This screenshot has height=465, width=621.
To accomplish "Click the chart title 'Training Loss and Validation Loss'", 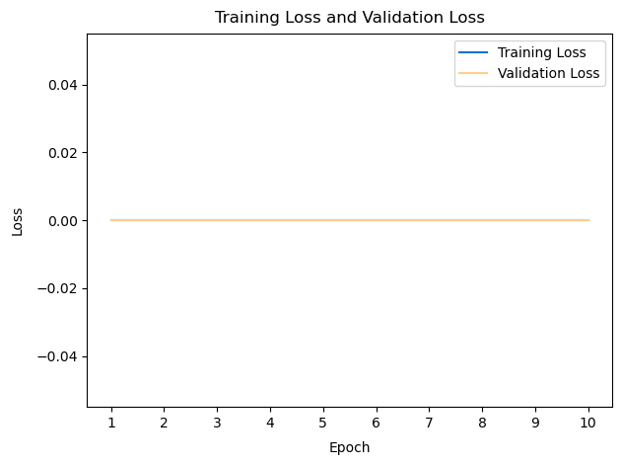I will pos(350,17).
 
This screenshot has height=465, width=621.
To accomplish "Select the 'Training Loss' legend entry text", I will pos(542,52).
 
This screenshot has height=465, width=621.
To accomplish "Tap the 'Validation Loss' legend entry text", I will pos(549,74).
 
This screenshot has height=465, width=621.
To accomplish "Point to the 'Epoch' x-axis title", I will pos(350,447).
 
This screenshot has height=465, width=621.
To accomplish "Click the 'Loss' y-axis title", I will pos(17,220).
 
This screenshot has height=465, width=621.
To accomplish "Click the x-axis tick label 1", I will pos(111,423).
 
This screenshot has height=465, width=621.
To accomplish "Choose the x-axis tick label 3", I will pos(217,423).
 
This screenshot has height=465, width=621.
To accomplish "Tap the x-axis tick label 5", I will pos(323,423).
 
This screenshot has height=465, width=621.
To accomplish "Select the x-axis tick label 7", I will pos(429,423).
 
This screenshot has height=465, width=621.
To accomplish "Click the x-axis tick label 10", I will pos(588,423).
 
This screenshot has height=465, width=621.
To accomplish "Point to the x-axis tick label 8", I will pos(482,423).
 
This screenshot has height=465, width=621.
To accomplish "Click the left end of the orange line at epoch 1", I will pos(111,220).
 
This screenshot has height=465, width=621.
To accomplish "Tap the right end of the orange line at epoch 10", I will pos(588,220).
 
